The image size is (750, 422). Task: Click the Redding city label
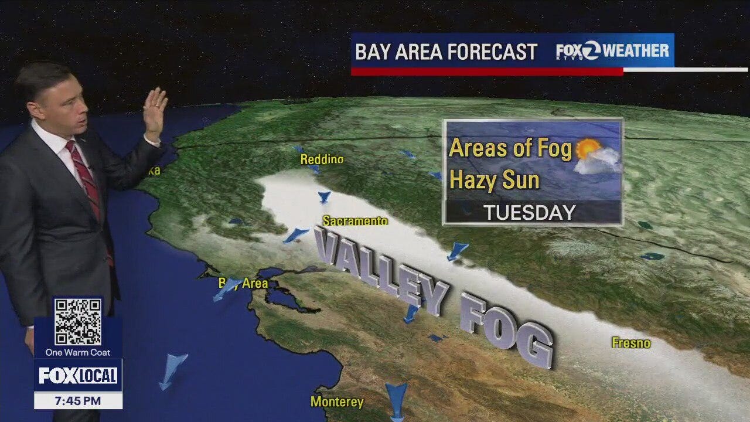click(322, 159)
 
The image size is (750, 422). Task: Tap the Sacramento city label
click(355, 221)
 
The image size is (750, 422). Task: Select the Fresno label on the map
click(631, 343)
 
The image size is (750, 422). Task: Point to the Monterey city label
click(337, 402)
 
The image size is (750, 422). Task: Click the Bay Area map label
click(243, 284)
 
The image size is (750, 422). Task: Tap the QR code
click(78, 322)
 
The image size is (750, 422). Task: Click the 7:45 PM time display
click(78, 401)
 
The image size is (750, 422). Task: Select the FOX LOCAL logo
click(78, 376)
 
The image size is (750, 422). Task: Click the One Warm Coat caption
click(78, 353)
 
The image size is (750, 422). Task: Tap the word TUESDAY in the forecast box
click(530, 213)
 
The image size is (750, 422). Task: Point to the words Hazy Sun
click(494, 181)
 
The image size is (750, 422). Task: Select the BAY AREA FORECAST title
click(446, 52)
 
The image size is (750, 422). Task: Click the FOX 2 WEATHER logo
click(612, 51)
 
